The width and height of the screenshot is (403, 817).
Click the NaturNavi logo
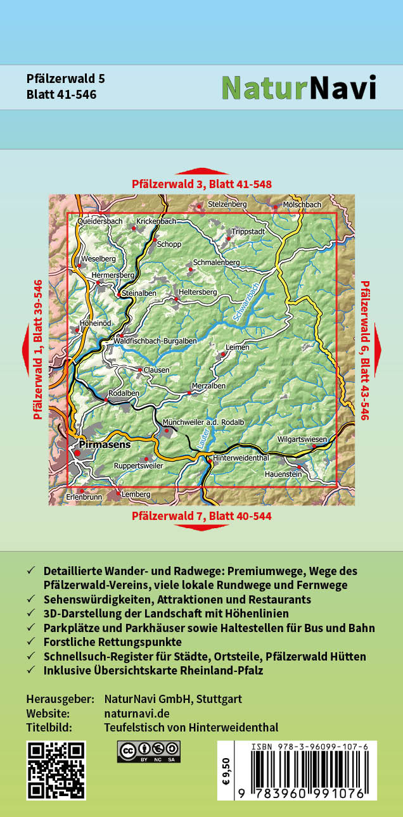[x=298, y=88]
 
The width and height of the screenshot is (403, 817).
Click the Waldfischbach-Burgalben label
[x=155, y=341]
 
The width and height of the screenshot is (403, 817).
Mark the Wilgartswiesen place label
[x=302, y=439]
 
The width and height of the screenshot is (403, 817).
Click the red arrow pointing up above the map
[x=201, y=172]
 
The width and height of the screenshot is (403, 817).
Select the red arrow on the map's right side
[x=378, y=350]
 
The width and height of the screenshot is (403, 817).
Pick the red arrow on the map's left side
[x=25, y=350]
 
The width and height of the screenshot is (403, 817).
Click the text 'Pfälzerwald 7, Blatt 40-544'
[x=201, y=516]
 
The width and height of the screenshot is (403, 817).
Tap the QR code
[x=56, y=770]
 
